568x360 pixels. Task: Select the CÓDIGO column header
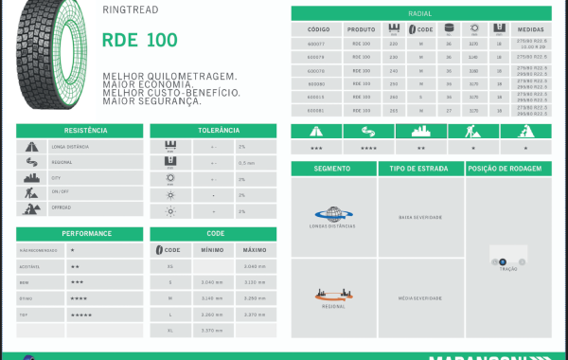[319, 28]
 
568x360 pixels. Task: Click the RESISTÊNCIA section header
[79, 131]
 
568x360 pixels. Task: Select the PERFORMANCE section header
[79, 233]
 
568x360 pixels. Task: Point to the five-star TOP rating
[81, 312]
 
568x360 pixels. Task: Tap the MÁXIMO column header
[255, 249]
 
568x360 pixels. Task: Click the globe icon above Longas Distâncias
[333, 214]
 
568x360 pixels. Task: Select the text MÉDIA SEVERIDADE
[420, 297]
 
